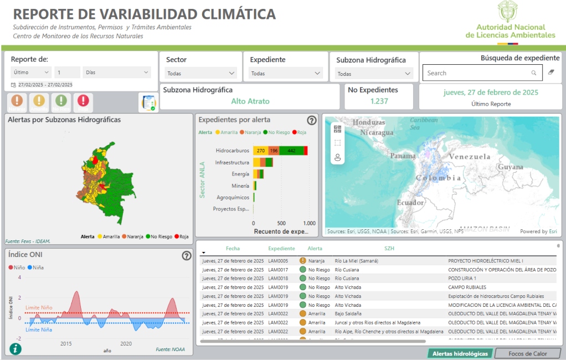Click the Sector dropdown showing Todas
click(x=200, y=73)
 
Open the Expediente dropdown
click(x=286, y=73)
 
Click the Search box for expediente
click(x=476, y=73)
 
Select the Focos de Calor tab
click(x=527, y=353)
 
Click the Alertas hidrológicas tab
click(x=460, y=353)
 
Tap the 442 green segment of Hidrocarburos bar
click(x=291, y=151)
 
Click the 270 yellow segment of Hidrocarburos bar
click(x=260, y=151)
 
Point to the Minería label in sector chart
click(x=240, y=186)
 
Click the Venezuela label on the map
click(x=470, y=157)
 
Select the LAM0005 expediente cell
click(x=278, y=260)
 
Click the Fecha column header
click(x=233, y=249)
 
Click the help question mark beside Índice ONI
click(x=187, y=255)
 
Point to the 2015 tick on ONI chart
click(x=66, y=343)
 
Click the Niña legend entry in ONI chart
click(x=35, y=268)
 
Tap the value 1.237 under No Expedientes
click(x=379, y=101)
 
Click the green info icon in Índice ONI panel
click(x=16, y=348)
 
